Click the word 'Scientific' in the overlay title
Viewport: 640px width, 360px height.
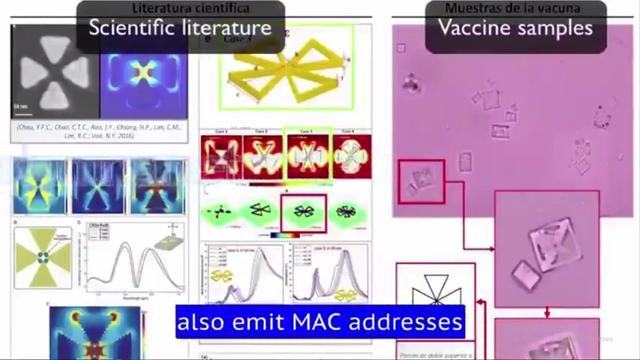pos(135,27)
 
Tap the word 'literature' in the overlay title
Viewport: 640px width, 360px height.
pos(226,27)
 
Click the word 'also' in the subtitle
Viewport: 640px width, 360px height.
pos(205,322)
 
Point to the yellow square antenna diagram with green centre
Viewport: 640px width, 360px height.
pos(41,257)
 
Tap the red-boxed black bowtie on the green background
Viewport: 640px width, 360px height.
pos(301,212)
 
